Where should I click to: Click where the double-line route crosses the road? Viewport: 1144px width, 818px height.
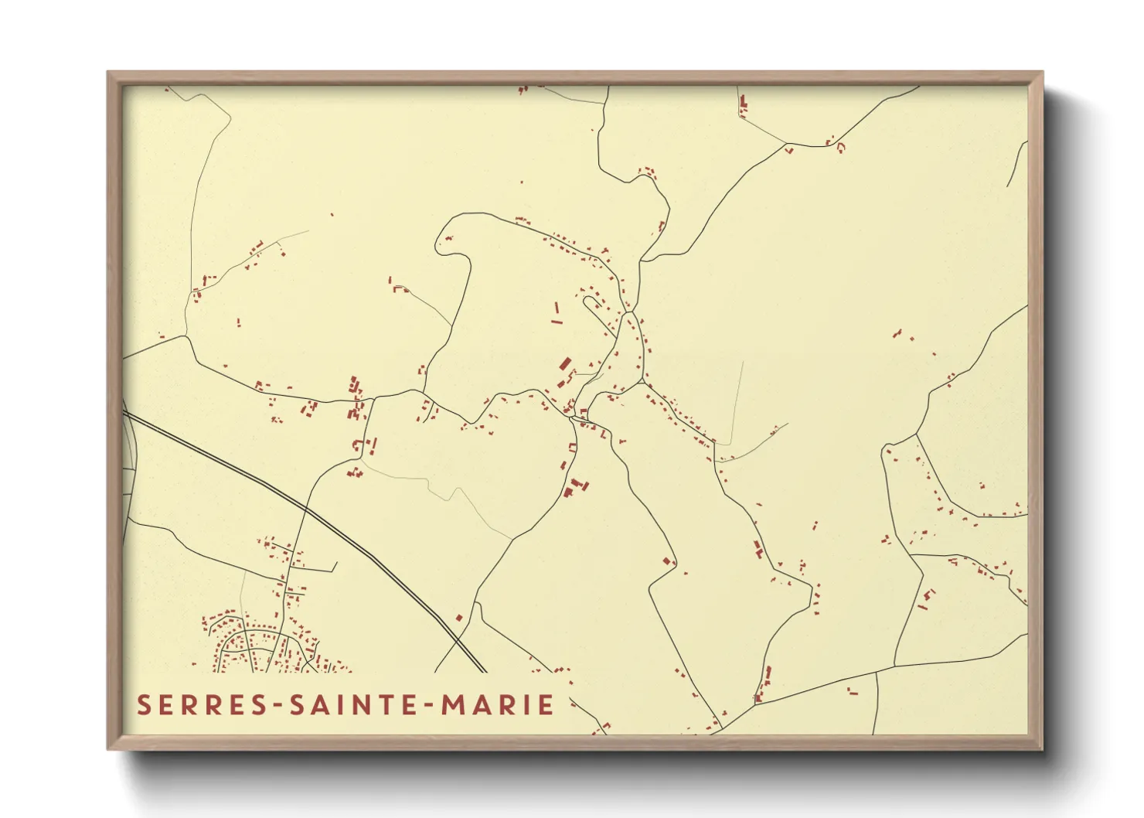pos(306,510)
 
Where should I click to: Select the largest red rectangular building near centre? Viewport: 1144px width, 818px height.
pos(565,365)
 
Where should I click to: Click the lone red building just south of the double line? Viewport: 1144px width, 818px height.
pos(458,618)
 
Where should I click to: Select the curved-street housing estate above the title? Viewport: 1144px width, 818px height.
pos(263,646)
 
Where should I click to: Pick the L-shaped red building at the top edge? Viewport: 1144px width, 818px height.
pos(744,104)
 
